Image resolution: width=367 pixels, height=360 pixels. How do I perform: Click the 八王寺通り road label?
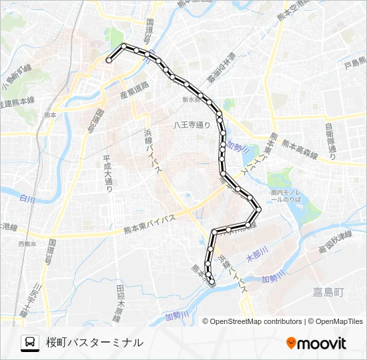[x=192, y=124]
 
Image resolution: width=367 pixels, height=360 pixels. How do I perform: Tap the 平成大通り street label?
[x=107, y=174]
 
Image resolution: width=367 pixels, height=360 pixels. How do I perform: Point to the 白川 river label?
[x=27, y=199]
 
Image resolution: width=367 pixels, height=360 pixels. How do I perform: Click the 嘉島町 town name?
[x=328, y=292]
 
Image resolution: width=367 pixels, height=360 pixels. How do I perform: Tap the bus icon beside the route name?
[x=30, y=343]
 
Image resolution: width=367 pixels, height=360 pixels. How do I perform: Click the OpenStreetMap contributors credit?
[x=256, y=321]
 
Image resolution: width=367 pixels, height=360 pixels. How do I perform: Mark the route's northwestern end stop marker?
[x=109, y=61]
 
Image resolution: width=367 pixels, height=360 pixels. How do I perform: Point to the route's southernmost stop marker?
[x=212, y=281]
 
